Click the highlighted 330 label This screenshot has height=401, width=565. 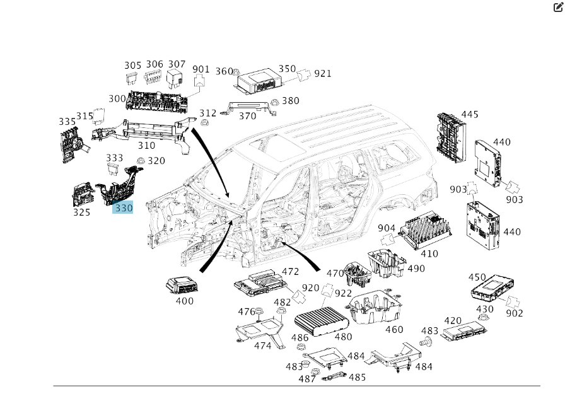[123, 207]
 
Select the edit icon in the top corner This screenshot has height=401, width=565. [557, 8]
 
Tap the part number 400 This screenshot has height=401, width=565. [184, 301]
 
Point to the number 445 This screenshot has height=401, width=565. [469, 115]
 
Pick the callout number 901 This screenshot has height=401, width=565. [201, 69]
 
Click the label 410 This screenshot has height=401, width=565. [429, 254]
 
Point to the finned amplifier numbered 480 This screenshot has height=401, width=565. [323, 319]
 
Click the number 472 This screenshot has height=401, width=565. [290, 272]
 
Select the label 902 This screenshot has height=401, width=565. [515, 313]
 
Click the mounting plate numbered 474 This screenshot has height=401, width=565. [260, 332]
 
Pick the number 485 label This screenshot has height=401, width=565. [357, 377]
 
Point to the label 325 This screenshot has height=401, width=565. [81, 212]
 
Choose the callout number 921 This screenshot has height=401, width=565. [323, 73]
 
